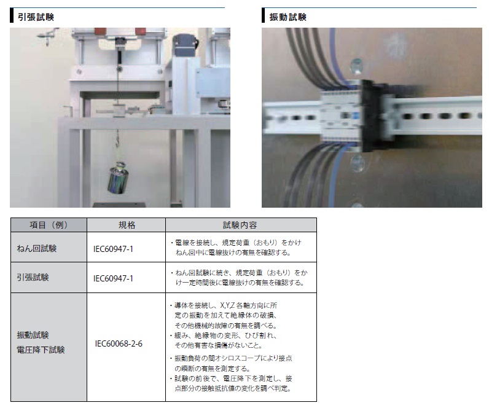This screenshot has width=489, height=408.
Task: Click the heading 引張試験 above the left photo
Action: [36, 17]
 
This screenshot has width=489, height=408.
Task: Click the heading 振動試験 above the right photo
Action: [288, 17]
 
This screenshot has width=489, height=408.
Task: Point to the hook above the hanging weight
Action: [117, 139]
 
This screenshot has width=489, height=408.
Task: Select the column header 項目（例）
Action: [49, 225]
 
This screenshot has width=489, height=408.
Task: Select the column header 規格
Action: [127, 225]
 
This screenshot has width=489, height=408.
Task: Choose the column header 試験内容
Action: [240, 225]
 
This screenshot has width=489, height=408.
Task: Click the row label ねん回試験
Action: [36, 248]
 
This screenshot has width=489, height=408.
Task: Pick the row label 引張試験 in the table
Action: [33, 277]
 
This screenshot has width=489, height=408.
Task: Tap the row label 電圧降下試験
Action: [41, 350]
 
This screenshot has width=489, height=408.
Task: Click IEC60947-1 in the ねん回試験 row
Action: [113, 249]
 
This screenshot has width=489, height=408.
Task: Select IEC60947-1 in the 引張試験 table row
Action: [113, 278]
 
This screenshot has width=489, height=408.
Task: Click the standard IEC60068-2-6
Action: [119, 343]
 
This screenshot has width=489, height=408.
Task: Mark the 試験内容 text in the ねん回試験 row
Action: [236, 248]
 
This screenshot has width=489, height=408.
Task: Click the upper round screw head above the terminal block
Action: [356, 66]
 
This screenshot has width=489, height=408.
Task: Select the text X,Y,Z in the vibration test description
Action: [227, 305]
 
